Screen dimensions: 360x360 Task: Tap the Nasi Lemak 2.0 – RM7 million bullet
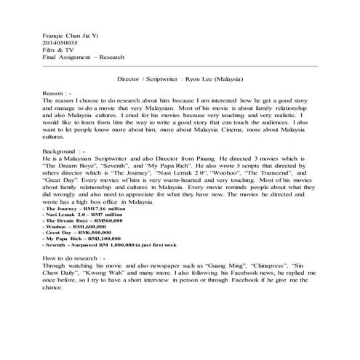[83, 216]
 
